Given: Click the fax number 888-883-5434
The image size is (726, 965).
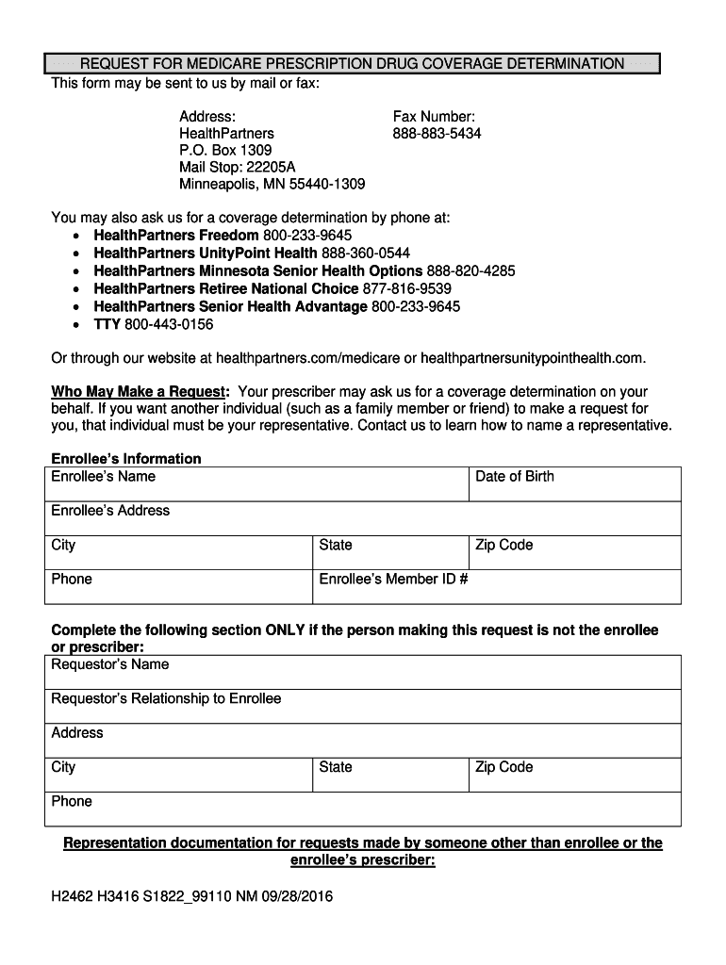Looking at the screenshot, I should coord(437,134).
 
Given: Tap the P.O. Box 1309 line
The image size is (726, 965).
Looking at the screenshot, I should coord(225,151).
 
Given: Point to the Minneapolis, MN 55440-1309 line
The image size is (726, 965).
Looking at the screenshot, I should coord(272,185).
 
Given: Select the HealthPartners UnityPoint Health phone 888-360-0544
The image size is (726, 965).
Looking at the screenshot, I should coord(366,254).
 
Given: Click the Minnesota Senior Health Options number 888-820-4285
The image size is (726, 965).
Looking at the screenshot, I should coord(470,271).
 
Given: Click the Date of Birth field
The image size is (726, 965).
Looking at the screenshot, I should coord(574,484).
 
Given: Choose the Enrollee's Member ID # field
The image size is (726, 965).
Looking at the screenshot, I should coord(496,587).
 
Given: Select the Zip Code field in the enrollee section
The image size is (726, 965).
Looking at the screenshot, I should coord(574,553).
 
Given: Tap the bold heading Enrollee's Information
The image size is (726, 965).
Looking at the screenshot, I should coord(125,459).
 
